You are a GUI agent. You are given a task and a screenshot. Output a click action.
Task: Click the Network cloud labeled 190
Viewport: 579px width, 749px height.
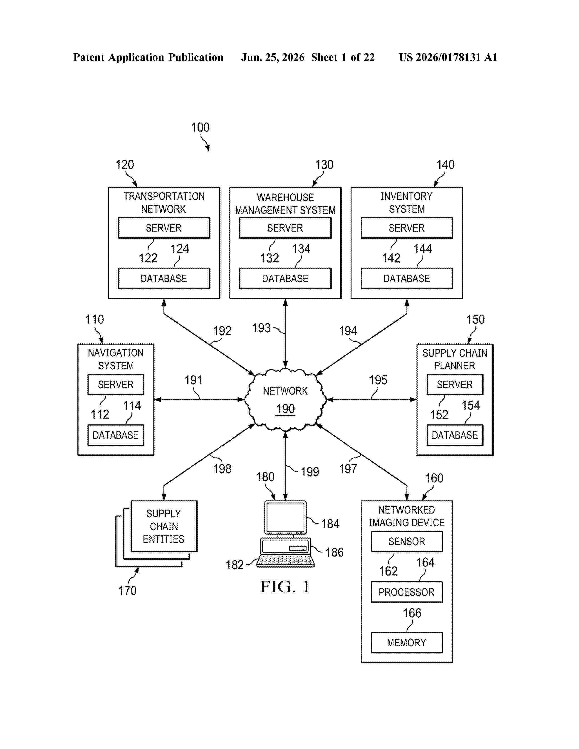[285, 399]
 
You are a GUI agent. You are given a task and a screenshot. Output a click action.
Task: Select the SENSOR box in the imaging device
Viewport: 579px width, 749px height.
[406, 542]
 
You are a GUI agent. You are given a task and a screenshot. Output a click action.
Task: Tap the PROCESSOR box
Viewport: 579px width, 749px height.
[406, 592]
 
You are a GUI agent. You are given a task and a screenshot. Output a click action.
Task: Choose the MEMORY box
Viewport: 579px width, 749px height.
[406, 642]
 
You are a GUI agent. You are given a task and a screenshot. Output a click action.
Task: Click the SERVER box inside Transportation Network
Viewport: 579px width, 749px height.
[164, 228]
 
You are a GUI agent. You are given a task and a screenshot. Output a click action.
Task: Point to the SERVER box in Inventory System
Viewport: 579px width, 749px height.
[407, 228]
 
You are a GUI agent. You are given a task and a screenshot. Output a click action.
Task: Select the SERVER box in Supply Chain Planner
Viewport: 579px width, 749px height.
[455, 384]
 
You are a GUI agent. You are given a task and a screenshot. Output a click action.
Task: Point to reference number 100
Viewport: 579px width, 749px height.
[200, 128]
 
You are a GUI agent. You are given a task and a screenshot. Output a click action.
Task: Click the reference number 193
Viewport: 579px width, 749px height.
[261, 328]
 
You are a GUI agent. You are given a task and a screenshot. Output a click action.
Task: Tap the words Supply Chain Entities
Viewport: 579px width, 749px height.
[164, 526]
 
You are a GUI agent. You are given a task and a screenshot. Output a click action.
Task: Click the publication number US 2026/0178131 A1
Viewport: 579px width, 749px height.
[448, 57]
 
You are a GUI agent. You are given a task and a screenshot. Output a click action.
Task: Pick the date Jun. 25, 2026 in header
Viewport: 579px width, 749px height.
[273, 57]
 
